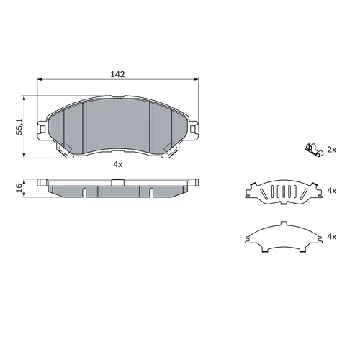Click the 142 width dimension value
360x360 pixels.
point(117,74)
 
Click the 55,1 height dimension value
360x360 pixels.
point(19,127)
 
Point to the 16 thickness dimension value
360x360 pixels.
point(19,187)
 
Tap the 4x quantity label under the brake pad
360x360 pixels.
point(118,164)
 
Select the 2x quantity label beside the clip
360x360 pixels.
point(332,150)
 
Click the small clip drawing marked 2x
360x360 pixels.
point(314,150)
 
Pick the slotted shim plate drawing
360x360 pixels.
point(284,192)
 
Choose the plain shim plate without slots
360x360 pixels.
point(284,237)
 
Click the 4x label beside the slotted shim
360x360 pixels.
point(332,191)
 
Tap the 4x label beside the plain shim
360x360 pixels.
point(332,237)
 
